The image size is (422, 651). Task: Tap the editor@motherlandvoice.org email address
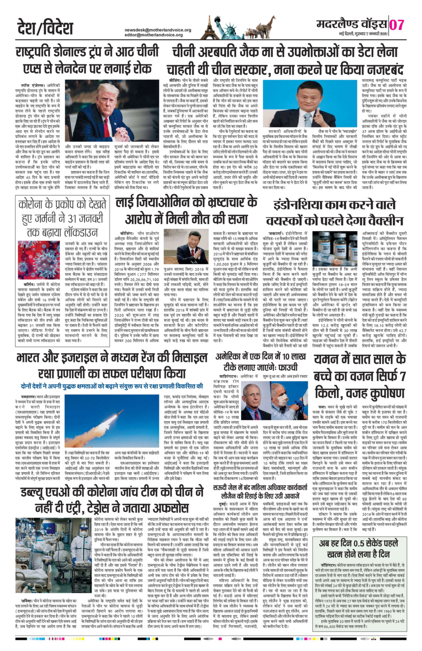pos(158,35)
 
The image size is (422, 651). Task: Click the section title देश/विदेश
pos(46,28)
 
